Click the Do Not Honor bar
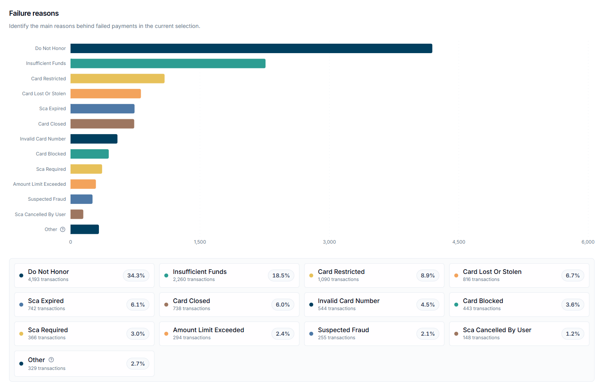251,48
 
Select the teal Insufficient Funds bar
168,64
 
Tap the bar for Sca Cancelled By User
77,214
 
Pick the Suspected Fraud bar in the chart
82,199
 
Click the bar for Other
85,229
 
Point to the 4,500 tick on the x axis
459,242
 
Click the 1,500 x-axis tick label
200,242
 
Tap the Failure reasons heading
34,13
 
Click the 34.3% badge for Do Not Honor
136,275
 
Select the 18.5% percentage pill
281,275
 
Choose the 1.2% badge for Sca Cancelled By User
572,334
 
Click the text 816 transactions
481,279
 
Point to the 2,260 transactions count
193,279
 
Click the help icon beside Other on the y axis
63,229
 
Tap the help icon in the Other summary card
51,360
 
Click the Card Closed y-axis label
52,124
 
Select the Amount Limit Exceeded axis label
39,184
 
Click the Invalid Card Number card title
349,301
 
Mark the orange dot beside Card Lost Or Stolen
456,275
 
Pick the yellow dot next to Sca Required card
21,334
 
